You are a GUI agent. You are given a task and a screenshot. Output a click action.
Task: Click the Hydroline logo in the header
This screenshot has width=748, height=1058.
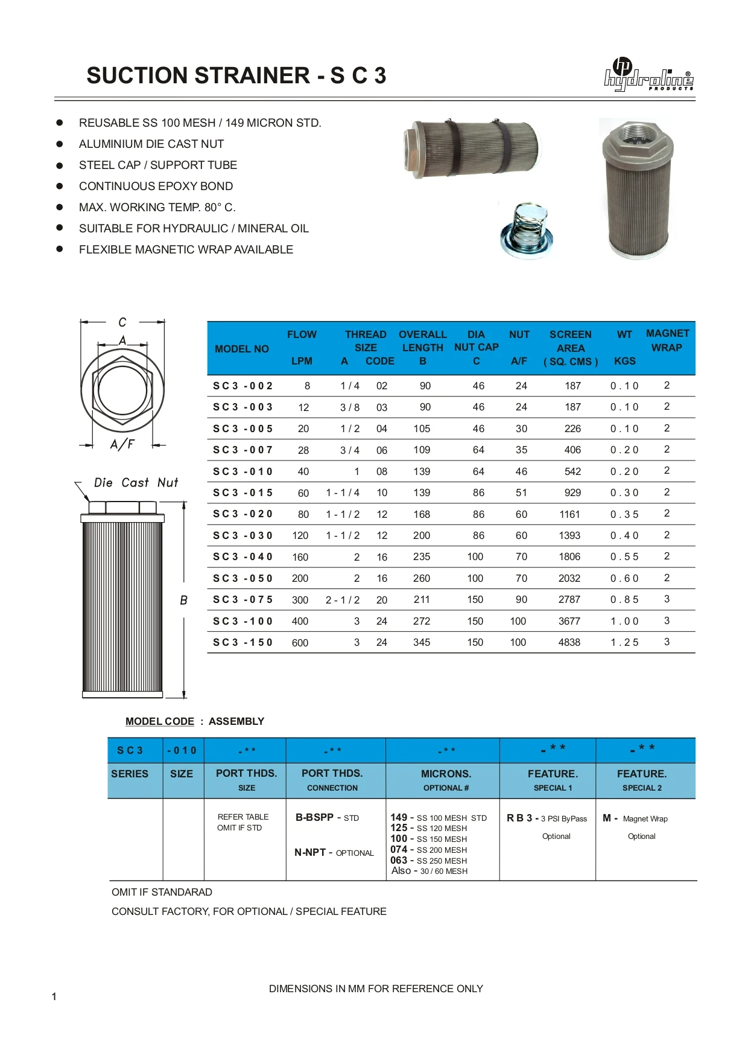pos(648,76)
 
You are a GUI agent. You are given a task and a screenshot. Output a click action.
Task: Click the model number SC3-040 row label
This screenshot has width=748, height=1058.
pos(243,557)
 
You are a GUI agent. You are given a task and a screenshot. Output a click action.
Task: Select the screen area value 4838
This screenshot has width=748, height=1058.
pos(569,643)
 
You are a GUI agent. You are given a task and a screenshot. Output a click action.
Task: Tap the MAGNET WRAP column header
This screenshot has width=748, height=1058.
pos(667,340)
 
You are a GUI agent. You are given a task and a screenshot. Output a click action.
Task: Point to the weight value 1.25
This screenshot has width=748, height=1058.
pos(624,643)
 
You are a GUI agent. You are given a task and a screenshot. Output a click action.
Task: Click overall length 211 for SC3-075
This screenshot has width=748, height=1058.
pos(422,600)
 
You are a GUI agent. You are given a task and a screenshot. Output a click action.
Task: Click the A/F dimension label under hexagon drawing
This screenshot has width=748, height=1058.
pos(122,445)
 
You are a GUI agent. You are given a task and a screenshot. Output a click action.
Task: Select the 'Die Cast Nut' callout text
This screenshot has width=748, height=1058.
pos(136,483)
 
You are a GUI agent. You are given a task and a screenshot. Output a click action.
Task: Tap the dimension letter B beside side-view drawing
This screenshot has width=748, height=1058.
pos(183,601)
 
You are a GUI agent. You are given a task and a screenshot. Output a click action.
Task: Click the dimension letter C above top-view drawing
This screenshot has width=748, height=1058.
pos(122,322)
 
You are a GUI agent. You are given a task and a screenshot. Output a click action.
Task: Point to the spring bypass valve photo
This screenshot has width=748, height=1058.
pos(527,231)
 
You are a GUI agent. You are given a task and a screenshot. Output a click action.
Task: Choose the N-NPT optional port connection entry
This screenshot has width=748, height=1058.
pos(334,853)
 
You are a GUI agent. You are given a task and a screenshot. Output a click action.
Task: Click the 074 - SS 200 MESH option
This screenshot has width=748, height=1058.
pos(429,850)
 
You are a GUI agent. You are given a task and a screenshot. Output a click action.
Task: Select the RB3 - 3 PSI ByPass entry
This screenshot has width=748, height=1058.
pos(547,818)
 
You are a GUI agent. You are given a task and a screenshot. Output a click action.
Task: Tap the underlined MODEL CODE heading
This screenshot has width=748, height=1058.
pos(160,722)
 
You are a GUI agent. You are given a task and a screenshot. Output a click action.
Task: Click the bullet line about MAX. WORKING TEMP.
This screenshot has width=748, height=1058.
pos(157,208)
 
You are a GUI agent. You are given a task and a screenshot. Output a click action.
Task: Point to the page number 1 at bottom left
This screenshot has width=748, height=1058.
pos(54,996)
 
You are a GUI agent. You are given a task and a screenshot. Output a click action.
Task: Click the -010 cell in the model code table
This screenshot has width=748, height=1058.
pos(183,751)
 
